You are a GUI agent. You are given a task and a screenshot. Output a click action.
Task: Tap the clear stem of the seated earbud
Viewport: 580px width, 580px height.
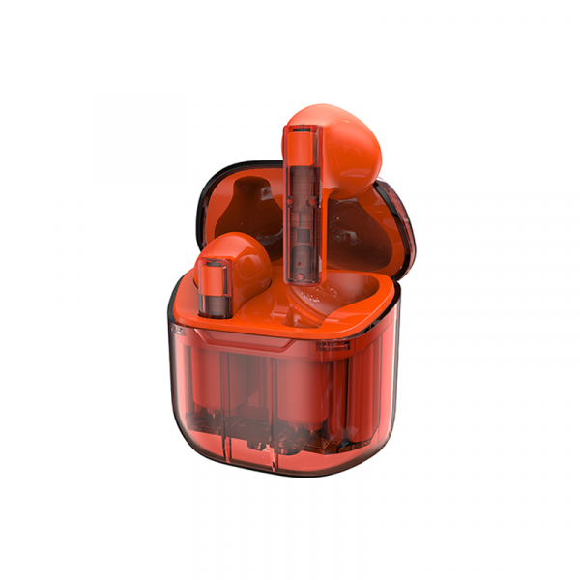pos(213,290)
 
